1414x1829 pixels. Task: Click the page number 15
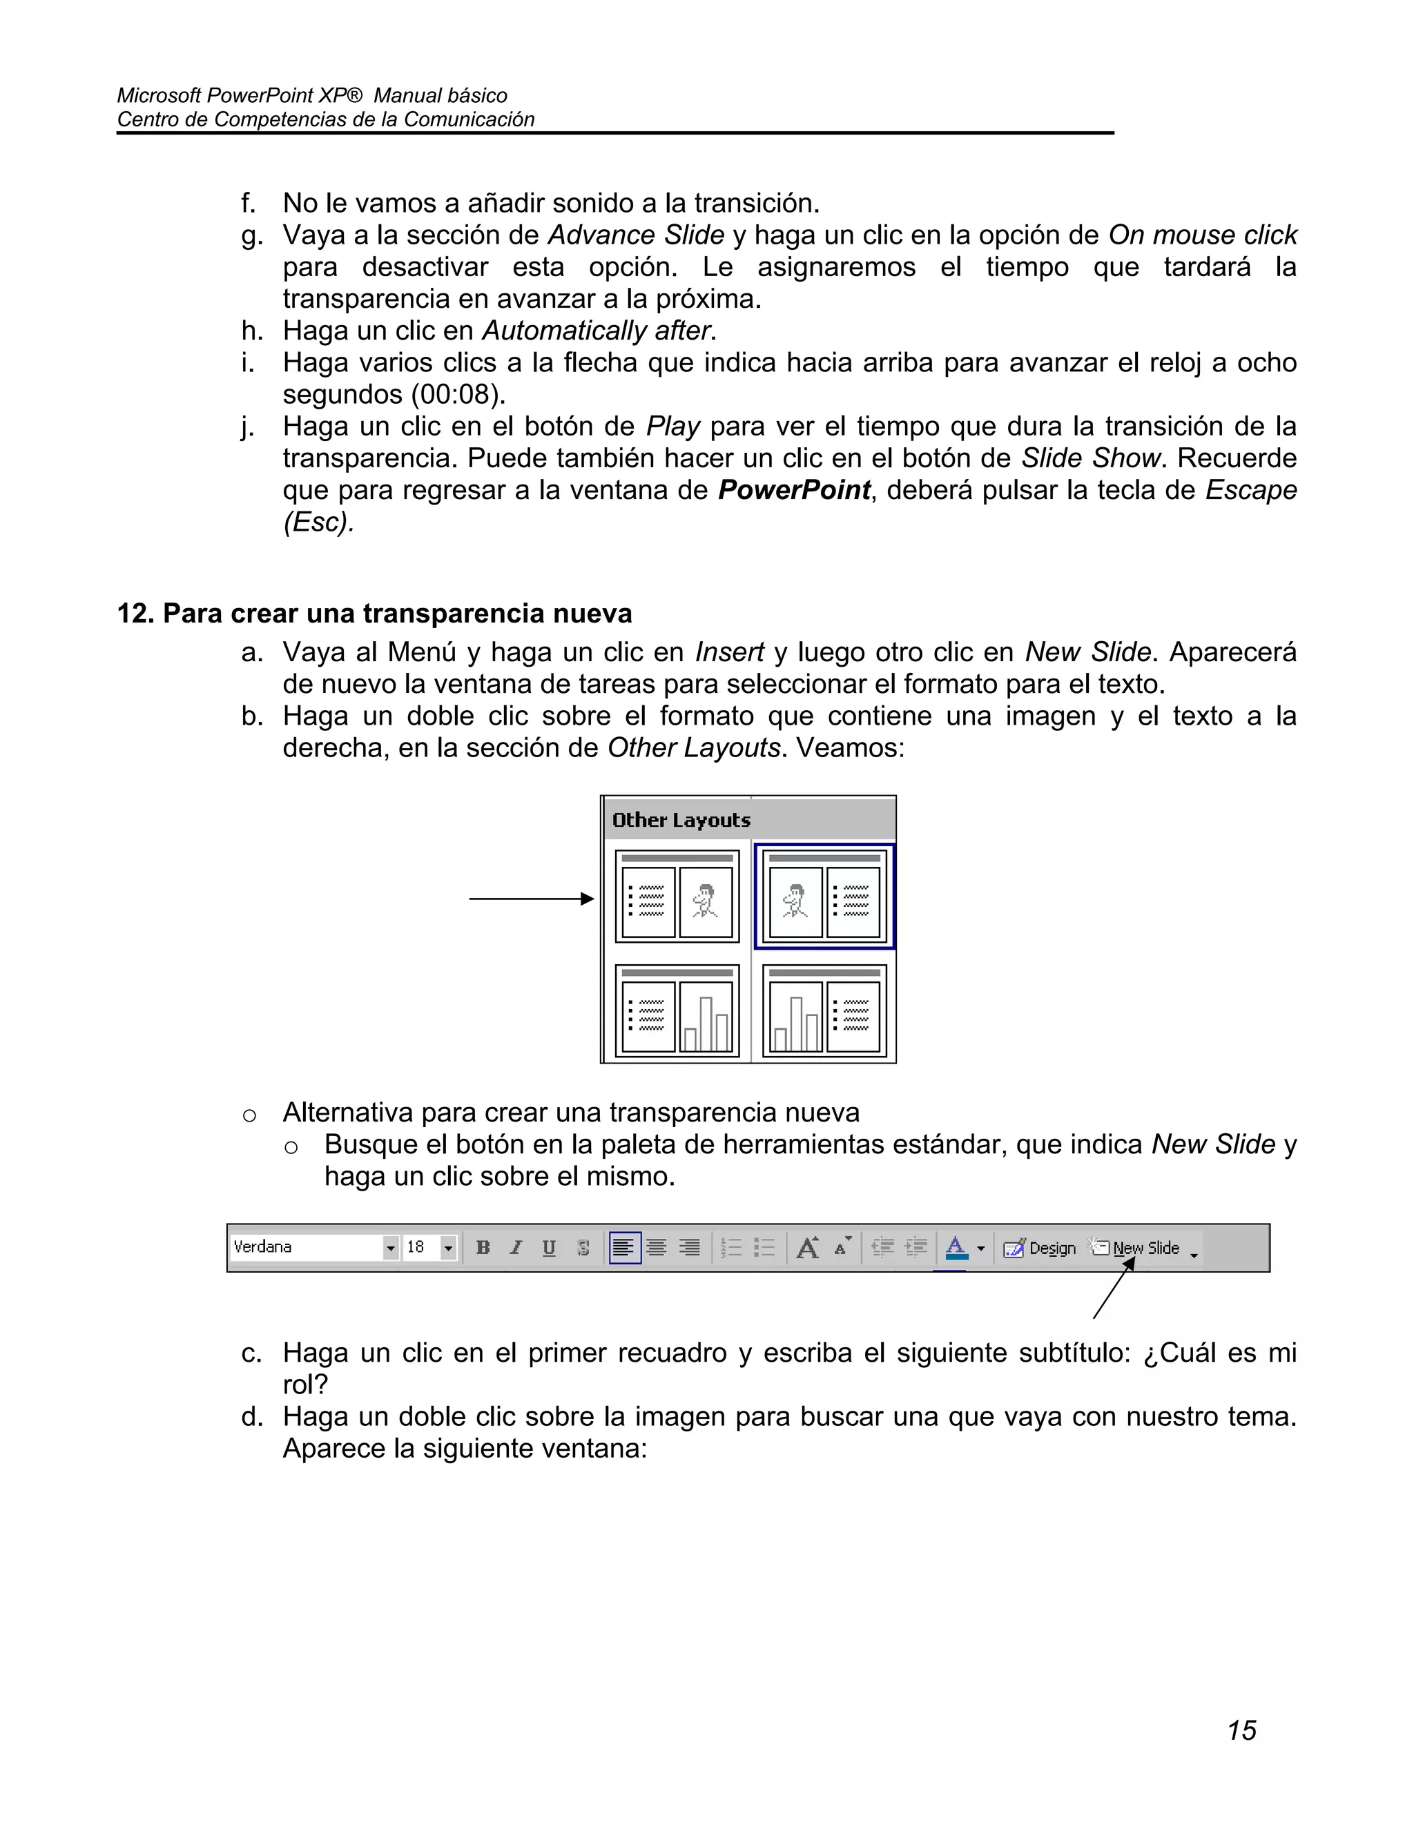tap(1241, 1730)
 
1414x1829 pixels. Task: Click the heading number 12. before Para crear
tap(136, 614)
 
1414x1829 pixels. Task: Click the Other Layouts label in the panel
tap(681, 820)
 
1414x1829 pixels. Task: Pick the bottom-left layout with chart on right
tap(677, 1011)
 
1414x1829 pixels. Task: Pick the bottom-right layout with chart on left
tap(824, 1011)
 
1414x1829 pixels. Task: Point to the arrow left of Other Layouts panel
tap(531, 899)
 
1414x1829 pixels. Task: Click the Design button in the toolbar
tap(1040, 1248)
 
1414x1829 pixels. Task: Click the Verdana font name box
tap(306, 1247)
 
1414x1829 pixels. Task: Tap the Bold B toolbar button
tap(483, 1248)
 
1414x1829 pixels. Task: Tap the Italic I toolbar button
tap(516, 1248)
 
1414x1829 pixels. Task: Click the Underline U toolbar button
tap(549, 1248)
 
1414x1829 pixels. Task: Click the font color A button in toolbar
tap(955, 1248)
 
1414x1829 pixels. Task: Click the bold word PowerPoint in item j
tap(793, 490)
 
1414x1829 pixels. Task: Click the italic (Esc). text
tap(318, 522)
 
